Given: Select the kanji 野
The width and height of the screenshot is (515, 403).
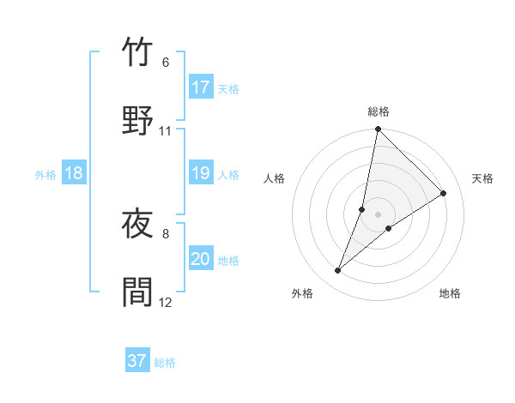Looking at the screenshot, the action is pos(137,121).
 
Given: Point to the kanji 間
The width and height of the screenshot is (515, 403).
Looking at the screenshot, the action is pos(137,292).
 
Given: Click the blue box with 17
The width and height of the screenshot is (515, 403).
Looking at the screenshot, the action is pos(201,87).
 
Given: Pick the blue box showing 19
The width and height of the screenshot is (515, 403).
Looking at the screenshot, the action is pos(201,173).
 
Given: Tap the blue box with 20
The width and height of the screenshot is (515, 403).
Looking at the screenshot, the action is pos(201,259).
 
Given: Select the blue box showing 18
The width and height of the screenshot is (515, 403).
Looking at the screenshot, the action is pos(74,173).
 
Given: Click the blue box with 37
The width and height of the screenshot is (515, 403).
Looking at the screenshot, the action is pos(137,361).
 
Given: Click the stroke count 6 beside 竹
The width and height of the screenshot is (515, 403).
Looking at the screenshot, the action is pos(166,63).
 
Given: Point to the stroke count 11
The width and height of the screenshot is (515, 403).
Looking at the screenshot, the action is pos(166,131).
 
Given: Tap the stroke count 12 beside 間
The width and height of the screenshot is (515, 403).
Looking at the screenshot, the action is pos(166,302).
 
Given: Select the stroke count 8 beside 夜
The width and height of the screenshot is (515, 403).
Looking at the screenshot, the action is pos(166,233).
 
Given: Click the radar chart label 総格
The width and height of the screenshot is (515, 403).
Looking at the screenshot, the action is pos(379,111).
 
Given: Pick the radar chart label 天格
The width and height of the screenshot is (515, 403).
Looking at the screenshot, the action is pos(482,178).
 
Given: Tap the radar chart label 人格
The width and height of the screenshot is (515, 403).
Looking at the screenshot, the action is pos(275,178).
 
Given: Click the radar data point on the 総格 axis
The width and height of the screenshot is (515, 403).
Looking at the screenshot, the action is pos(378,130).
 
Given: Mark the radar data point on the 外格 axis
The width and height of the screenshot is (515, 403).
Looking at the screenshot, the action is pos(338,271).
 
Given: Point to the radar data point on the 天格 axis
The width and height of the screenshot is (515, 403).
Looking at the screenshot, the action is pos(444,194).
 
